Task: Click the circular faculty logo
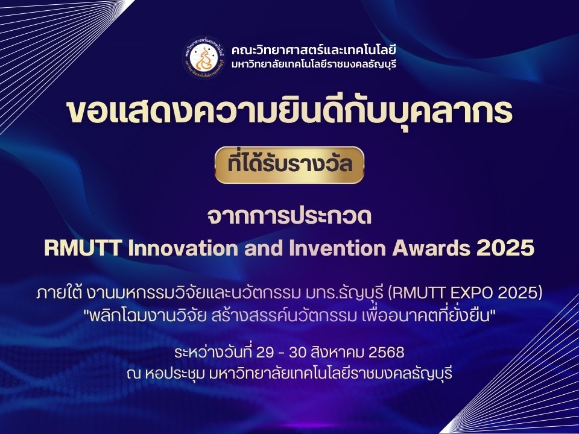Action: pyautogui.click(x=204, y=58)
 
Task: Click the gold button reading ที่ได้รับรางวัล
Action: pyautogui.click(x=289, y=165)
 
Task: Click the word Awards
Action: pyautogui.click(x=431, y=248)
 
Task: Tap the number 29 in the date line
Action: pyautogui.click(x=264, y=353)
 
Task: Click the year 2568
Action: pyautogui.click(x=387, y=353)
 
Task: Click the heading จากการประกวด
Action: pyautogui.click(x=289, y=216)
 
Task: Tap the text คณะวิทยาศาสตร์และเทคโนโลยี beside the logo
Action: pyautogui.click(x=314, y=50)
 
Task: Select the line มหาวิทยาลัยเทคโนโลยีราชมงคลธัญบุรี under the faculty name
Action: pyautogui.click(x=314, y=64)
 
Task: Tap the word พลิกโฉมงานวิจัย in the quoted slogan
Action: pyautogui.click(x=148, y=316)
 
